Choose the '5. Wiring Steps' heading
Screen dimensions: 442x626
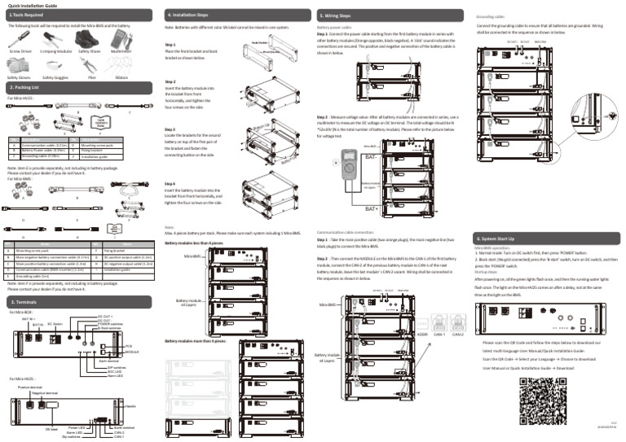(337, 15)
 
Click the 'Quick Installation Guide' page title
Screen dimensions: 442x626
(29, 5)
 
